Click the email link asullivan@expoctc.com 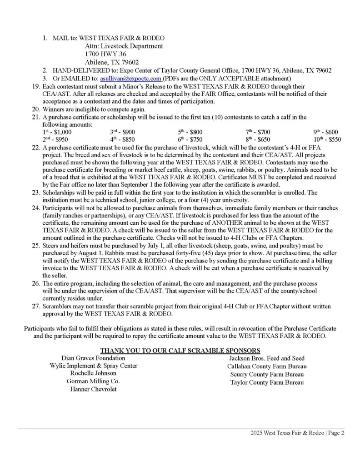pos(130,78)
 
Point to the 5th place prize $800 pos(190,132)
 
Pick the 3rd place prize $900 pos(122,132)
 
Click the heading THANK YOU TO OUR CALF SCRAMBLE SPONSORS pos(180,350)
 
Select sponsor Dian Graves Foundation pos(93,358)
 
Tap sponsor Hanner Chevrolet pos(93,389)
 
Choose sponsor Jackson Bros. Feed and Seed pos(267,358)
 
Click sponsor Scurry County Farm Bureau pos(267,374)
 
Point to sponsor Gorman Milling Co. pos(93,381)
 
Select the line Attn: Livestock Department pos(124,46)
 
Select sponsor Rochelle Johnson pos(93,374)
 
